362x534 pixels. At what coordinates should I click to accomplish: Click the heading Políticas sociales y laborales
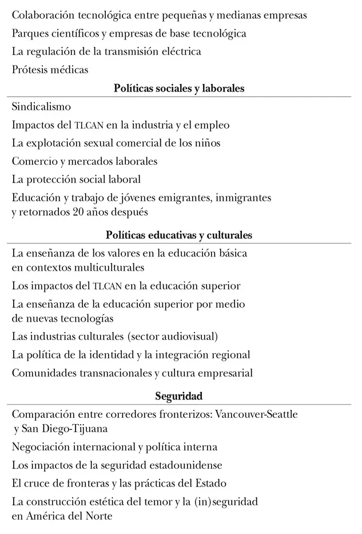179,89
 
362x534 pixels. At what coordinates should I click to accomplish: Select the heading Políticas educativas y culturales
179,235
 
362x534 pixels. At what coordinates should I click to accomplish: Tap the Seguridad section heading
179,396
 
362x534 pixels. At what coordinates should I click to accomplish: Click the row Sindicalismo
41,106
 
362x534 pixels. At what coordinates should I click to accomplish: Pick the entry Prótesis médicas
50,70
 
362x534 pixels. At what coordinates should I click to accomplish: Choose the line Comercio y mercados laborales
84,161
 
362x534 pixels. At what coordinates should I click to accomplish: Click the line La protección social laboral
76,180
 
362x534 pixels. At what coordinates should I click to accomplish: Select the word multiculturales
104,267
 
